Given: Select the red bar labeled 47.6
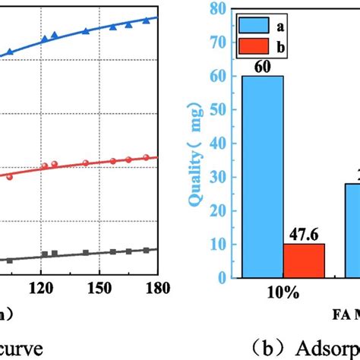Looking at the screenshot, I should click(304, 261).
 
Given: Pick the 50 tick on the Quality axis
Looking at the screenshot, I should click(219, 110).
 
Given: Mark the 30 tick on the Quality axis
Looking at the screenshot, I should click(219, 177).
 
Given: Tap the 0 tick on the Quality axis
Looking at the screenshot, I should click(222, 278).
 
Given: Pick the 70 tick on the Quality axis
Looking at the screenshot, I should click(219, 43).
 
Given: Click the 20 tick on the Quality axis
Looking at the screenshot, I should click(219, 210).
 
